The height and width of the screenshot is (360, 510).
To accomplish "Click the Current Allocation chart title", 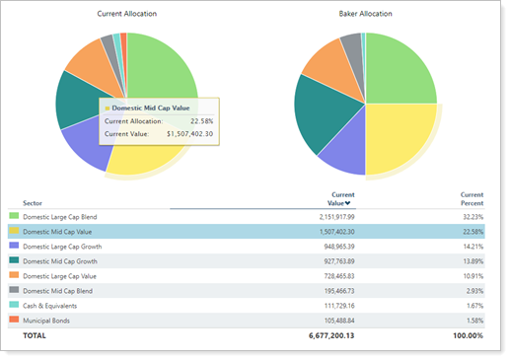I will (126, 15).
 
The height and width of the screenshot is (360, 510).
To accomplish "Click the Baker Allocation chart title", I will (365, 15).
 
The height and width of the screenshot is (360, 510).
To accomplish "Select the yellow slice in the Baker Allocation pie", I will (400, 138).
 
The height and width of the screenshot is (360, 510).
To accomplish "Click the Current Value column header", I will (340, 199).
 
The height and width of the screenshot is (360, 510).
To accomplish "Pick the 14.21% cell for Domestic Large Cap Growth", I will (472, 246).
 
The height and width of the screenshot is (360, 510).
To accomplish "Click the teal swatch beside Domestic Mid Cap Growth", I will (14, 260).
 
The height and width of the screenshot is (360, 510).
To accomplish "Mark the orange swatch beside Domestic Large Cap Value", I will (14, 275).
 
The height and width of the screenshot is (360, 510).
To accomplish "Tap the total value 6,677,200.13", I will (325, 336).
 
